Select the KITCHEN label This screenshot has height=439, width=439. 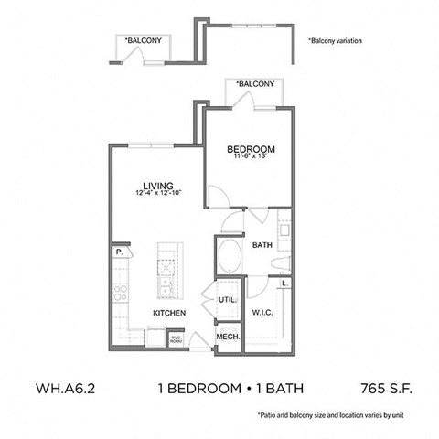(x=170, y=313)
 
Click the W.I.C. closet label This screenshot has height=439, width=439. (x=263, y=313)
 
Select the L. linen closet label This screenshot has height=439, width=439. (x=284, y=284)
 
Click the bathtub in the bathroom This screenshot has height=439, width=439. (x=230, y=252)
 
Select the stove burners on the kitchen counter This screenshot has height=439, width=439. (x=119, y=293)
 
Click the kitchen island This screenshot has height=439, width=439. (x=166, y=271)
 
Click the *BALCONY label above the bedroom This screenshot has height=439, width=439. (x=255, y=84)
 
